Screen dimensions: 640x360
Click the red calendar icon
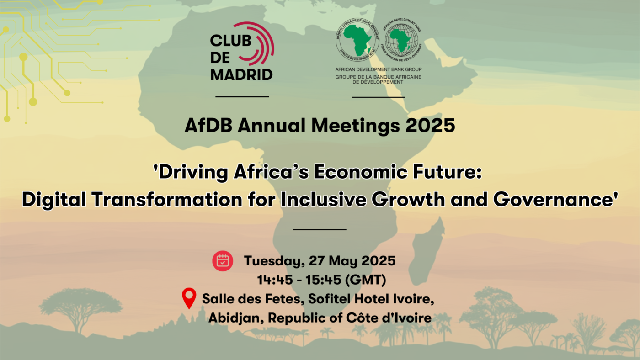(223, 261)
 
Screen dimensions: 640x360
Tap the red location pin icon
(189, 298)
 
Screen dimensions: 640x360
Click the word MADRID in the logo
(241, 75)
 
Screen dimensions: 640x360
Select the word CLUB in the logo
(230, 41)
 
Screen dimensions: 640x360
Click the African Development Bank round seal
(357, 39)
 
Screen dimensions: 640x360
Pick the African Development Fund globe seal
(402, 40)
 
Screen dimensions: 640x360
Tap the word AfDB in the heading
(208, 125)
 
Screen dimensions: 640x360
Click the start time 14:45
(275, 280)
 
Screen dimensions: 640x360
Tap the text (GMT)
(365, 280)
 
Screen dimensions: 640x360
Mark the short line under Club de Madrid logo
(242, 97)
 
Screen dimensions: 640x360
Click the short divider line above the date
(320, 229)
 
